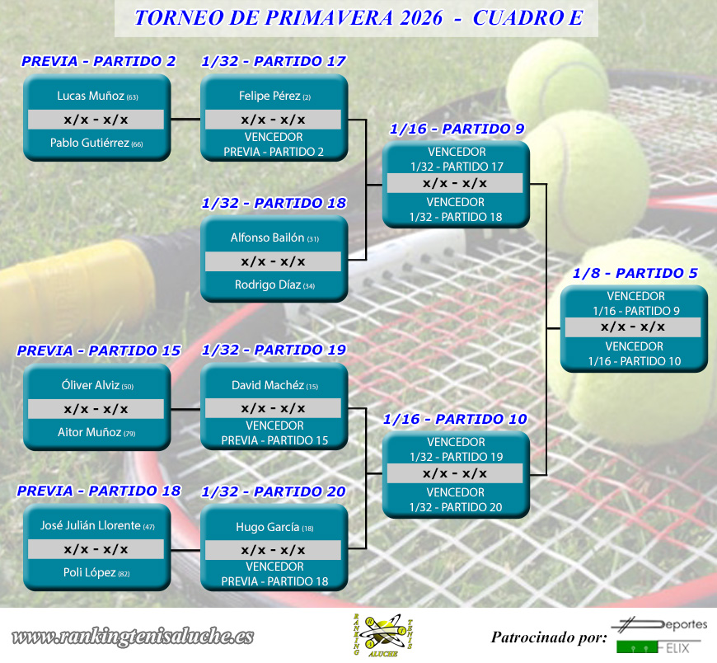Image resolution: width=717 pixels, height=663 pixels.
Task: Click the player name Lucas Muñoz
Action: click(x=91, y=96)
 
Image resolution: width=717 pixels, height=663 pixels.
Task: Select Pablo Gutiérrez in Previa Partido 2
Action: click(x=90, y=143)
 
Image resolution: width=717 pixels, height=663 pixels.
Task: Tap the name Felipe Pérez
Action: click(x=269, y=96)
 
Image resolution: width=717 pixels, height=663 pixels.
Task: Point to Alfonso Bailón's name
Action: click(x=268, y=237)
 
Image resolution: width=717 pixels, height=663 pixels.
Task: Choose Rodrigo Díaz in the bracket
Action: click(x=268, y=284)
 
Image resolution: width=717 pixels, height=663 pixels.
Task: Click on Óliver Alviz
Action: click(x=91, y=385)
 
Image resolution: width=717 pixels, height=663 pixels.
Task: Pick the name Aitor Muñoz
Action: click(x=90, y=432)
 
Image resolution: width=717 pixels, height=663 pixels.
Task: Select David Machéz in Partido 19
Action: click(x=268, y=385)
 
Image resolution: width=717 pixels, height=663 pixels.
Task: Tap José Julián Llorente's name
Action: click(x=91, y=525)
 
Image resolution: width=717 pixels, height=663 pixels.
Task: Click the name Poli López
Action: click(x=90, y=572)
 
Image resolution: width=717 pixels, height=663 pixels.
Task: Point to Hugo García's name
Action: click(x=268, y=527)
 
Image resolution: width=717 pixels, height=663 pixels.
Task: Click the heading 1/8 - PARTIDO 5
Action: click(x=635, y=273)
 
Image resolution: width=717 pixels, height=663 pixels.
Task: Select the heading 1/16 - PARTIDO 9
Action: click(x=457, y=129)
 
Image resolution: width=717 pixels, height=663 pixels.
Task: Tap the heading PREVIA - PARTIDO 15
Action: click(x=99, y=350)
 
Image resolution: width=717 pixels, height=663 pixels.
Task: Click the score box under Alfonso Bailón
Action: click(x=273, y=261)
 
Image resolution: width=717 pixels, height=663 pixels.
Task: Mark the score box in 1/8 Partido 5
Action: click(x=633, y=327)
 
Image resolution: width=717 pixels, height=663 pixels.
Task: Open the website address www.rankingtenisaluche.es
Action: click(x=133, y=637)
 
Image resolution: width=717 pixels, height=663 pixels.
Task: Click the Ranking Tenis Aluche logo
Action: click(x=383, y=636)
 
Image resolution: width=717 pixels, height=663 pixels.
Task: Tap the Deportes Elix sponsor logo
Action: click(x=659, y=636)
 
